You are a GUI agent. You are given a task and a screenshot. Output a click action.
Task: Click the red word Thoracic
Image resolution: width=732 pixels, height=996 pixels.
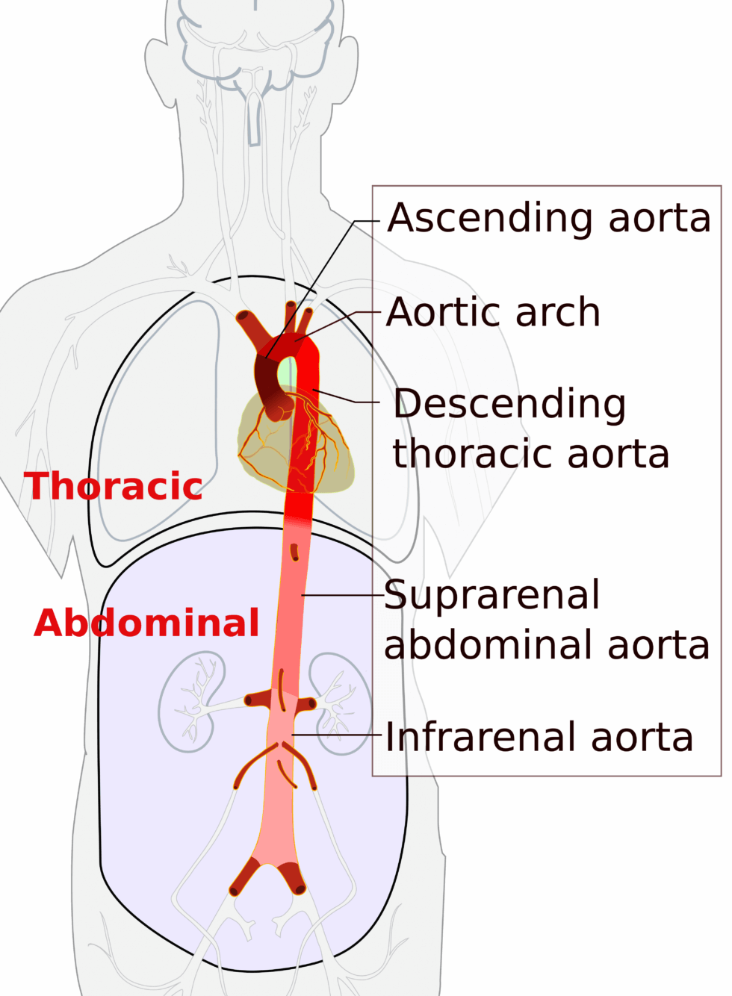[x=113, y=486]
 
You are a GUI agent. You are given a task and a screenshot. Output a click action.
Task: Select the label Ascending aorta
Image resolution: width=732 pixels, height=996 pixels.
[x=549, y=219]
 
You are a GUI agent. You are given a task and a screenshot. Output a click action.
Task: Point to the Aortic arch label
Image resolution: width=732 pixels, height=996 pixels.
[x=493, y=312]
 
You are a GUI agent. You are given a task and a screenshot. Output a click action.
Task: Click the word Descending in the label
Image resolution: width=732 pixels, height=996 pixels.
[x=509, y=404]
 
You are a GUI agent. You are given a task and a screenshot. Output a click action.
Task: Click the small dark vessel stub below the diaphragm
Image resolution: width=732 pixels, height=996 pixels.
[x=294, y=553]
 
